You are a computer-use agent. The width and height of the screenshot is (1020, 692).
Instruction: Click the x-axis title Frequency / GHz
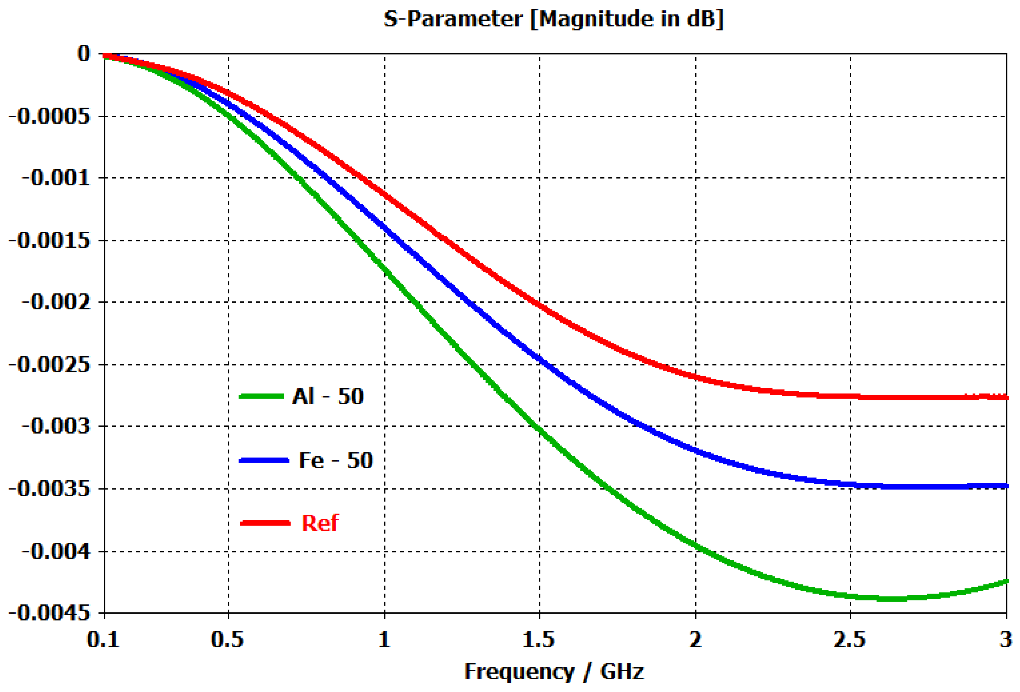(x=554, y=671)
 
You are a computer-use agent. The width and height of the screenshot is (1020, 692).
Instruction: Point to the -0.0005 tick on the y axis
(x=50, y=117)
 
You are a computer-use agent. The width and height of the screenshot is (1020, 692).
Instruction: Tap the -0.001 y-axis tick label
(x=56, y=178)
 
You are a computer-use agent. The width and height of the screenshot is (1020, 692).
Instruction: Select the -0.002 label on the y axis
(x=56, y=302)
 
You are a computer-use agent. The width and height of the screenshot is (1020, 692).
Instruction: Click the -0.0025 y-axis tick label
(x=50, y=365)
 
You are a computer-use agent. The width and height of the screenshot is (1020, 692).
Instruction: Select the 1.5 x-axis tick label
(x=539, y=640)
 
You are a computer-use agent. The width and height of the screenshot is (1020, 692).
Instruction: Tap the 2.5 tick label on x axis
(x=850, y=640)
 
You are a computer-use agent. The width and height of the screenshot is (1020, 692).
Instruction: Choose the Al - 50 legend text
(x=328, y=396)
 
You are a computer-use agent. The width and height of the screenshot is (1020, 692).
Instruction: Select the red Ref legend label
(x=320, y=523)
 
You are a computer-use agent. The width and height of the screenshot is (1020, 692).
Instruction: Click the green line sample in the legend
(x=262, y=396)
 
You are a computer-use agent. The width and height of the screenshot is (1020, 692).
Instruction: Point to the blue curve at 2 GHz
(x=696, y=450)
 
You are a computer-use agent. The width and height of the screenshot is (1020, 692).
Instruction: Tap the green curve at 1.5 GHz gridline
(x=539, y=429)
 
